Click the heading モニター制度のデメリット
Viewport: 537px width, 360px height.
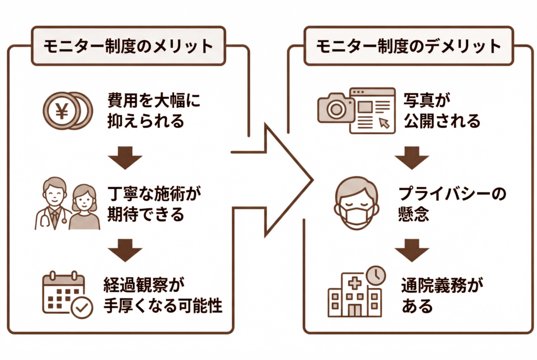coord(409,47)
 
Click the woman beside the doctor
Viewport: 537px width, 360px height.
coord(84,208)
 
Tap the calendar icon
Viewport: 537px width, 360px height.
coord(64,292)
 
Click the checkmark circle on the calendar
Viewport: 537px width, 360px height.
coord(82,308)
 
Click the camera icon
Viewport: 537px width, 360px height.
coord(336,108)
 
